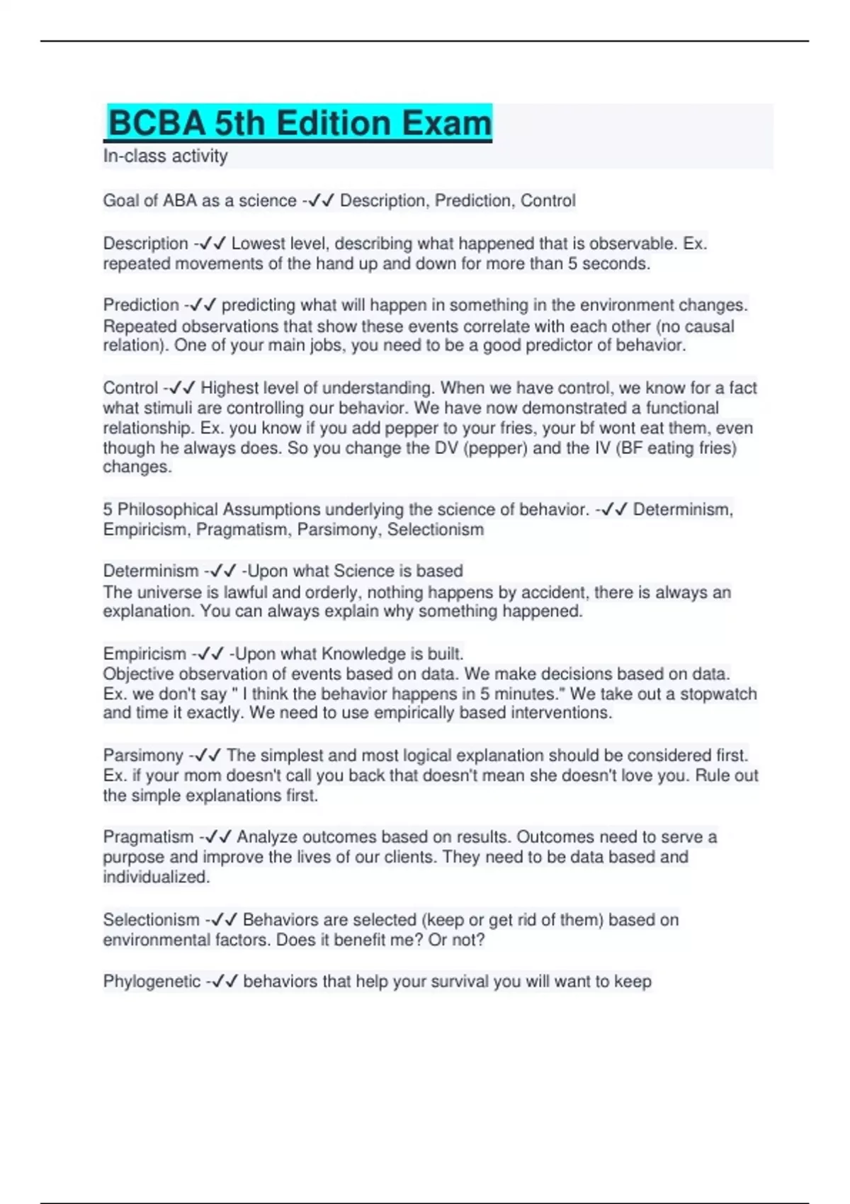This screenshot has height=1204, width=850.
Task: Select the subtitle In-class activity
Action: [165, 156]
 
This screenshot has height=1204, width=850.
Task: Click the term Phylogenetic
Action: [152, 982]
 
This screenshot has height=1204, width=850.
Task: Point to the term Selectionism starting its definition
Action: [151, 920]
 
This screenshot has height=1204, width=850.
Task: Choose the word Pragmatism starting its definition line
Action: [148, 837]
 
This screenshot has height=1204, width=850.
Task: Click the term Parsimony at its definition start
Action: [143, 756]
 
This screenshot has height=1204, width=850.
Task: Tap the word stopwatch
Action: [718, 694]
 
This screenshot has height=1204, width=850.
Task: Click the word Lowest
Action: [258, 244]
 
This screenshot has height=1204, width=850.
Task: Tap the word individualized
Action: [157, 877]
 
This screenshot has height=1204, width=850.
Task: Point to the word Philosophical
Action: [168, 510]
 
